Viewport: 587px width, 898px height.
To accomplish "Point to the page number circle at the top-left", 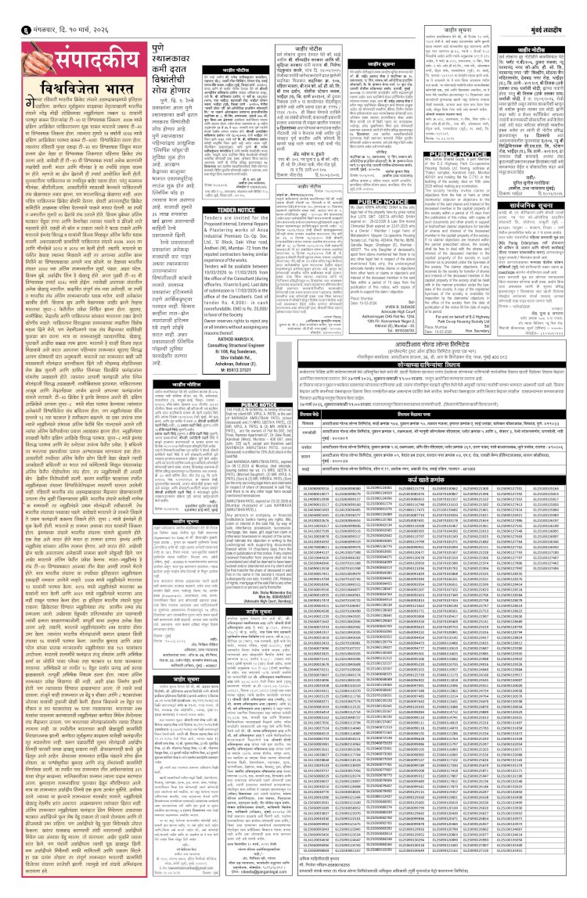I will pyautogui.click(x=9, y=9).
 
